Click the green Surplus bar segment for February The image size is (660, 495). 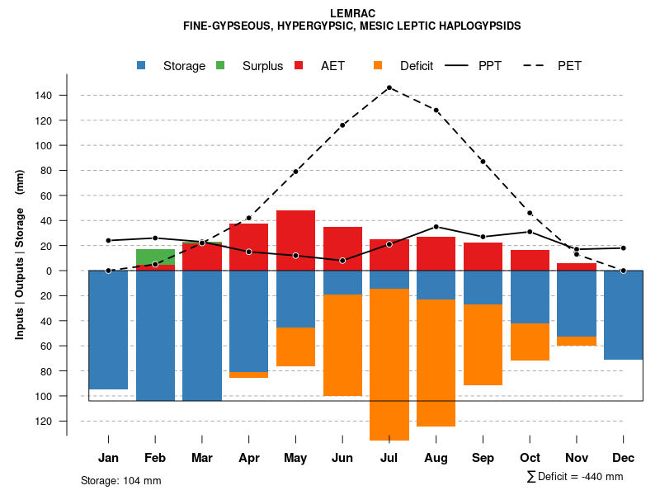pos(155,257)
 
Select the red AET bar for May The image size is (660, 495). pos(295,240)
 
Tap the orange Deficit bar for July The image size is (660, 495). pos(389,364)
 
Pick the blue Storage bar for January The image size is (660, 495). pos(108,330)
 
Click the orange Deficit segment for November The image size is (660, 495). pos(577,341)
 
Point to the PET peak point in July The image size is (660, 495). pos(389,87)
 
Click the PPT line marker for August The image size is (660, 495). pos(436,227)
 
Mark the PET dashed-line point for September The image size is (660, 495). pos(483,162)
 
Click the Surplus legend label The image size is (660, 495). pos(262,66)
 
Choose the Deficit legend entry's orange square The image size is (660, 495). pos(379,66)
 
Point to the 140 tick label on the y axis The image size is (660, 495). pos(44,96)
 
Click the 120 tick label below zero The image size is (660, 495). pos(44,421)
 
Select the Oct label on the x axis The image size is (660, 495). pos(530,458)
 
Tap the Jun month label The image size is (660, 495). pos(342,458)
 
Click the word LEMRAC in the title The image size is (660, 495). pos(352,14)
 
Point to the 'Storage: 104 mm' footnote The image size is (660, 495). pos(120,480)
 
